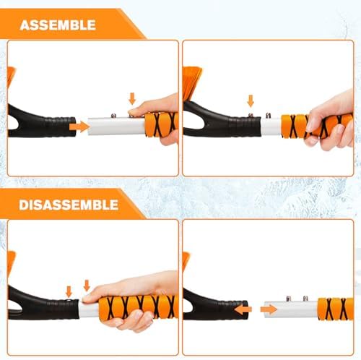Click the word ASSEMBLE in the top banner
pos(58,25)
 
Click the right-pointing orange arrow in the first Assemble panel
pos(79,127)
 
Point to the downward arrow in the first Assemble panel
pos(131,98)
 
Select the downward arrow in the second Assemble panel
pos(251,100)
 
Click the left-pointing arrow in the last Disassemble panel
pos(243,309)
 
